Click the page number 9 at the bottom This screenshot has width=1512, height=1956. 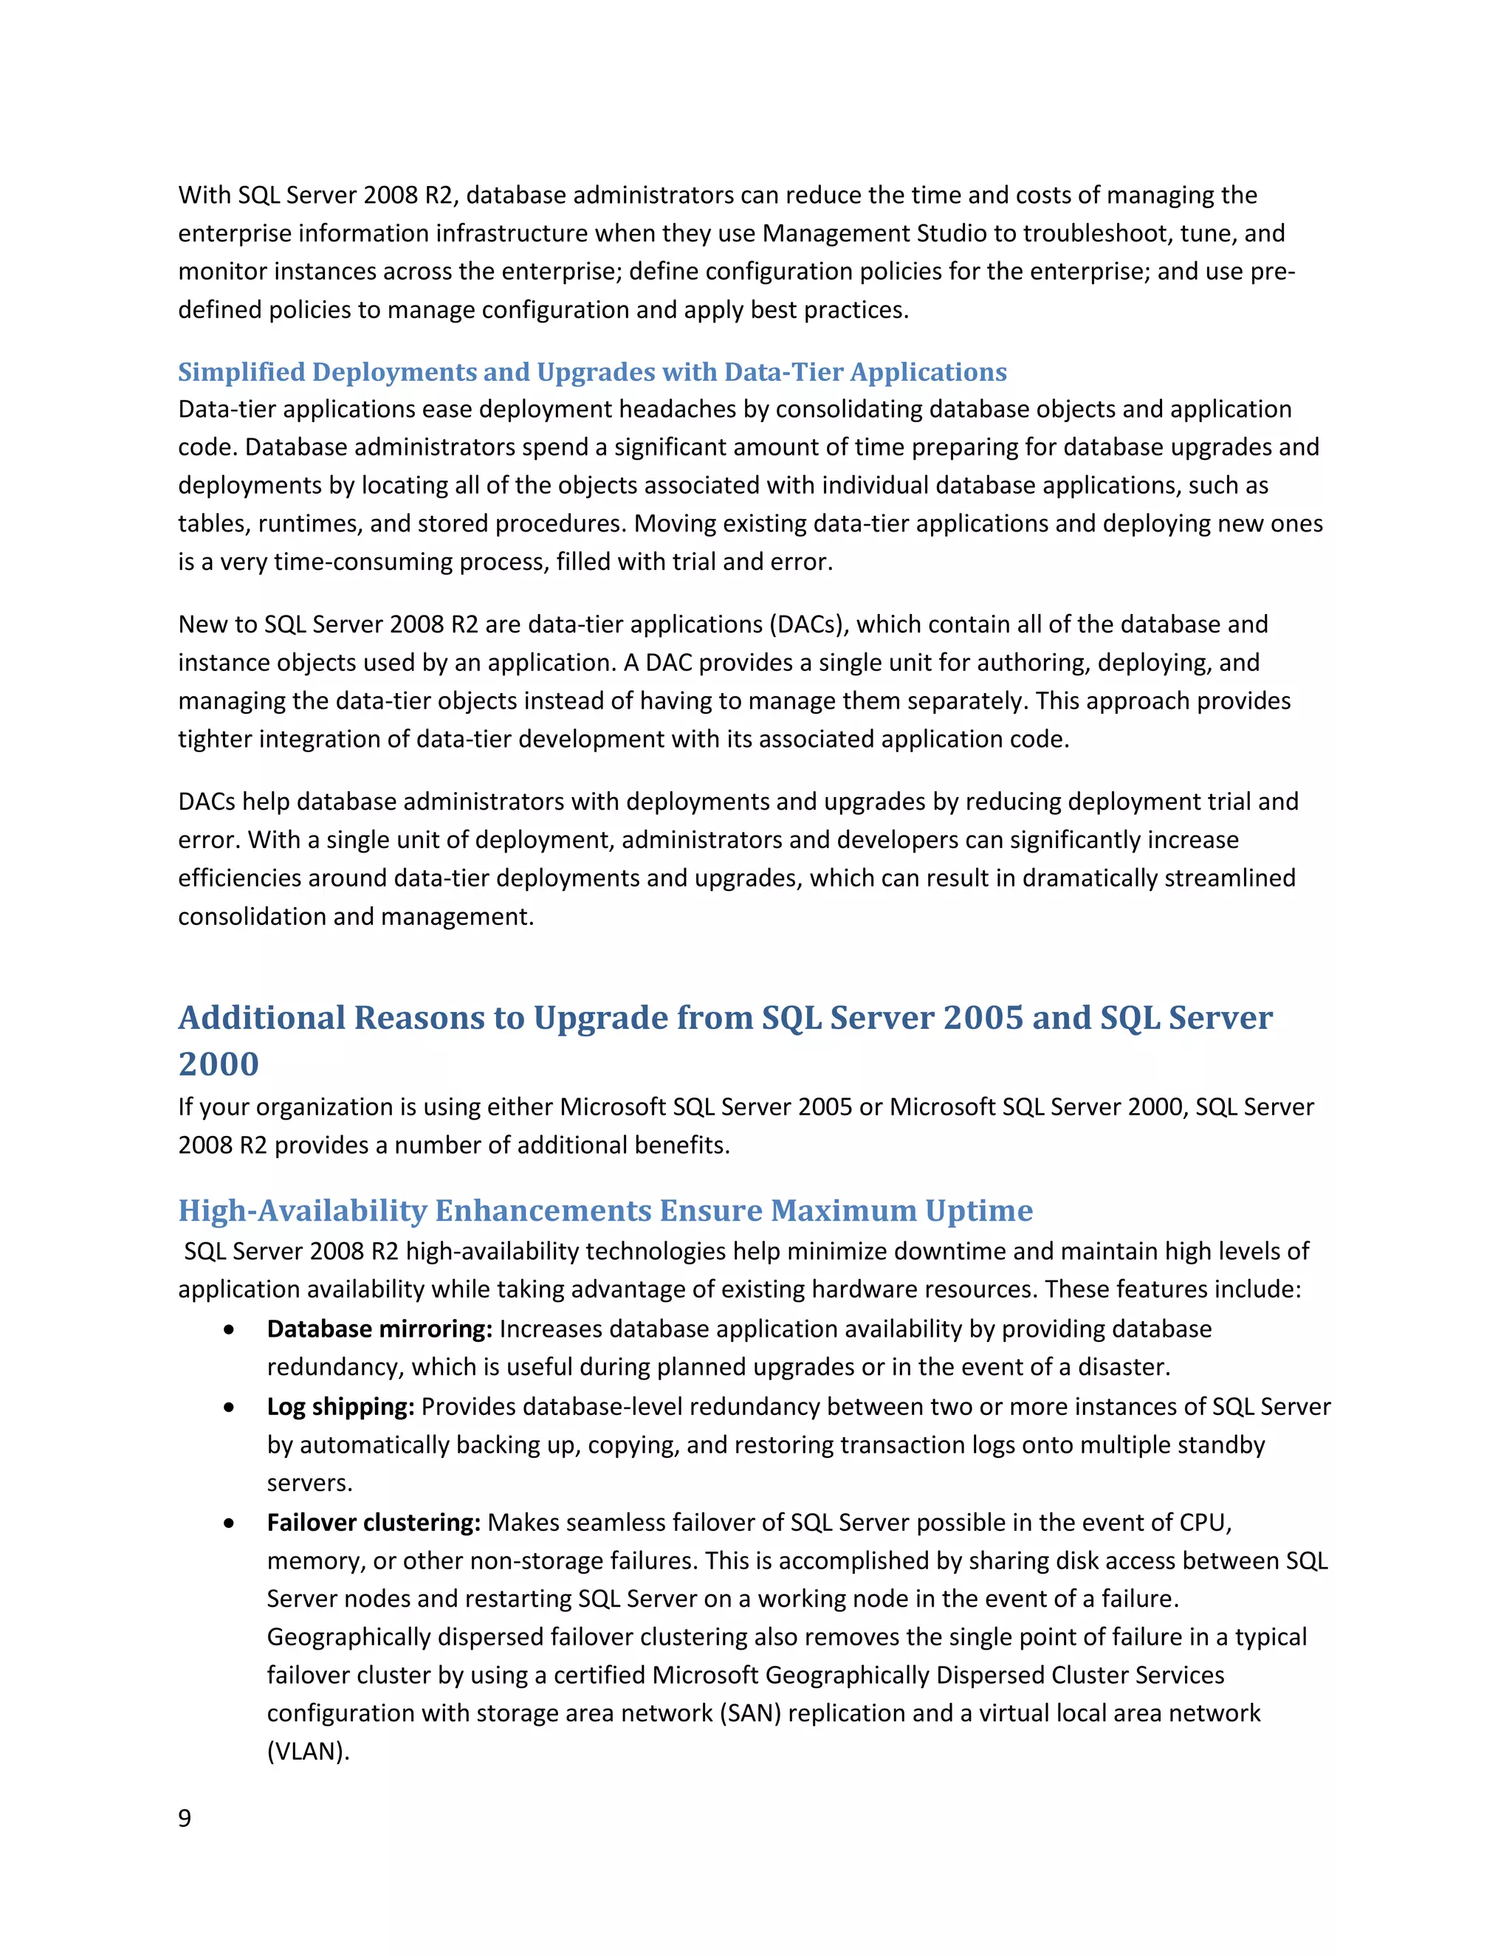coord(185,1817)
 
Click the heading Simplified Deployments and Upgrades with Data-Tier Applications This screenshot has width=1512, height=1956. coord(592,372)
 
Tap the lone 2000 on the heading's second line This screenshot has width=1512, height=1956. coord(219,1064)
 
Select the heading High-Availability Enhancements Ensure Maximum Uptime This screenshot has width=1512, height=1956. coord(605,1210)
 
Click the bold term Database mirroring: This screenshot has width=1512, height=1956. coord(379,1329)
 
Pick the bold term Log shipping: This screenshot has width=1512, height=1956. coord(340,1406)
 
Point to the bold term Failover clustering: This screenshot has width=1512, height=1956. coord(374,1523)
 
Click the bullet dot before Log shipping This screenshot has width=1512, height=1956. coord(230,1408)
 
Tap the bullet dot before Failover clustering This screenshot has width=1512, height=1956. coord(230,1523)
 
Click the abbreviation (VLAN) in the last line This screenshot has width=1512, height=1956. coord(307,1752)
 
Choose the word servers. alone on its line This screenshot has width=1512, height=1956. coord(309,1483)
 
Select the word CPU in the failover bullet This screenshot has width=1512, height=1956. coord(1203,1523)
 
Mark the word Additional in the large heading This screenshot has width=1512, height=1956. coord(261,1019)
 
